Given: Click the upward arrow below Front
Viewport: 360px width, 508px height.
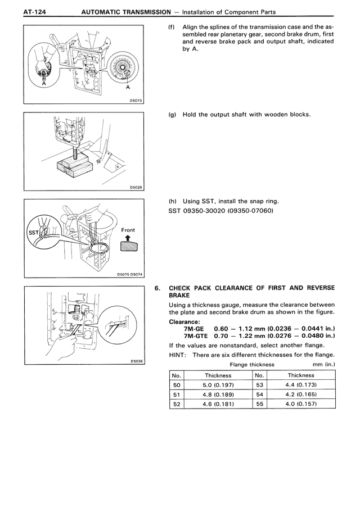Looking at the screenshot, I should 128,238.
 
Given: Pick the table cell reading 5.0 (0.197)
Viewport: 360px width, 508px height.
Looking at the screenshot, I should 218,385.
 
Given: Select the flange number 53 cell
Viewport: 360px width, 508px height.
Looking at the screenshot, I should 259,385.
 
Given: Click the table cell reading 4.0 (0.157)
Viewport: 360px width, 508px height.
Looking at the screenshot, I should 301,404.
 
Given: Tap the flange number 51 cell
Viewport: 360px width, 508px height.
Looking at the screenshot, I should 177,394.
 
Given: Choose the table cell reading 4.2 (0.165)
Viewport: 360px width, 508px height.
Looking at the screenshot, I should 301,394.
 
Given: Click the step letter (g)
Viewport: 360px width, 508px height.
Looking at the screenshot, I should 172,115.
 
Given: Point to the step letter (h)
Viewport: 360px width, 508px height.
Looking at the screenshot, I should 172,201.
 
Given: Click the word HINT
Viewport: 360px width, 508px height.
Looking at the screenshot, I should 178,355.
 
